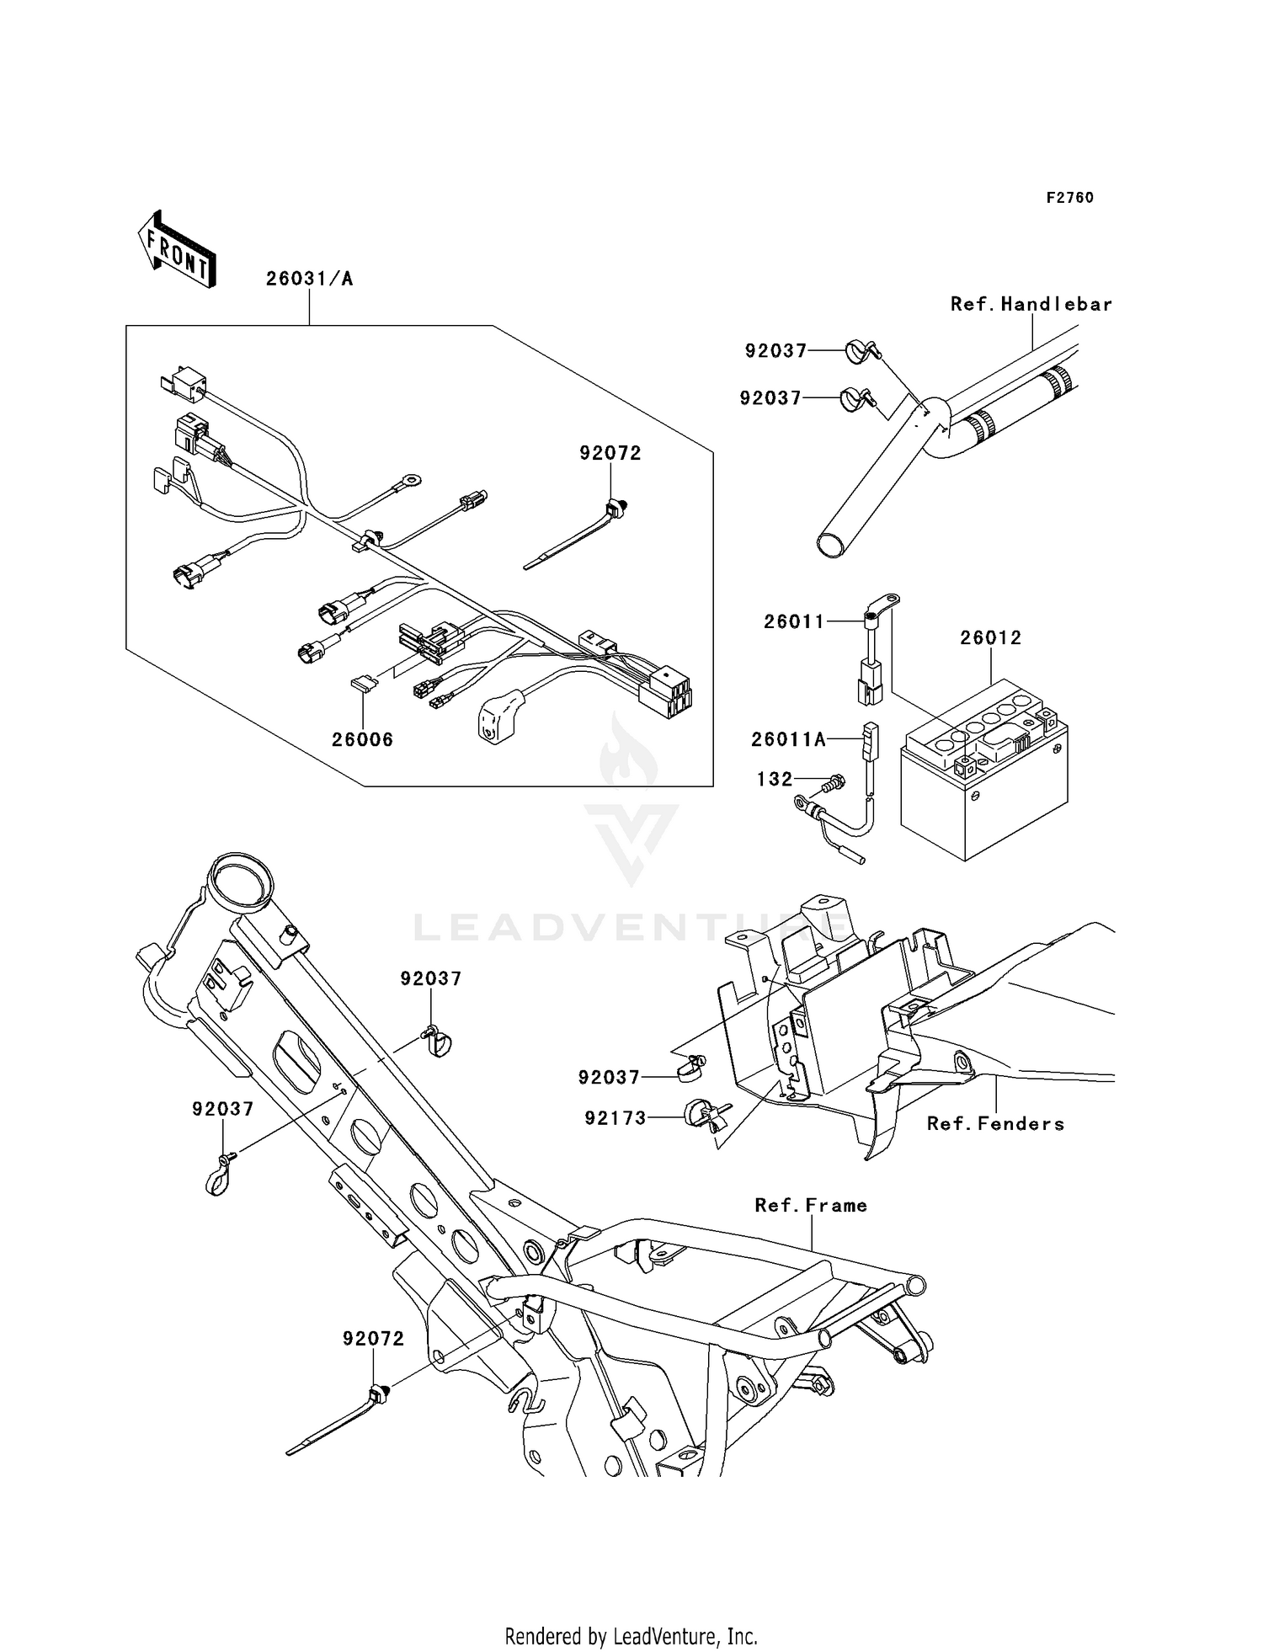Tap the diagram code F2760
(1069, 198)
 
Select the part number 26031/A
(309, 279)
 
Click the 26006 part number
(362, 740)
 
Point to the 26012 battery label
(990, 637)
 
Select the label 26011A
(788, 739)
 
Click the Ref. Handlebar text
(1031, 304)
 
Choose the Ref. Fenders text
(995, 1123)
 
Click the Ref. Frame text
(810, 1205)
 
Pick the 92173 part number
(616, 1118)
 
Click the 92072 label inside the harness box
(610, 453)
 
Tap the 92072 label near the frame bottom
(373, 1339)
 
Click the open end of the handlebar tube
(831, 544)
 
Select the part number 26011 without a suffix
(794, 621)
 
